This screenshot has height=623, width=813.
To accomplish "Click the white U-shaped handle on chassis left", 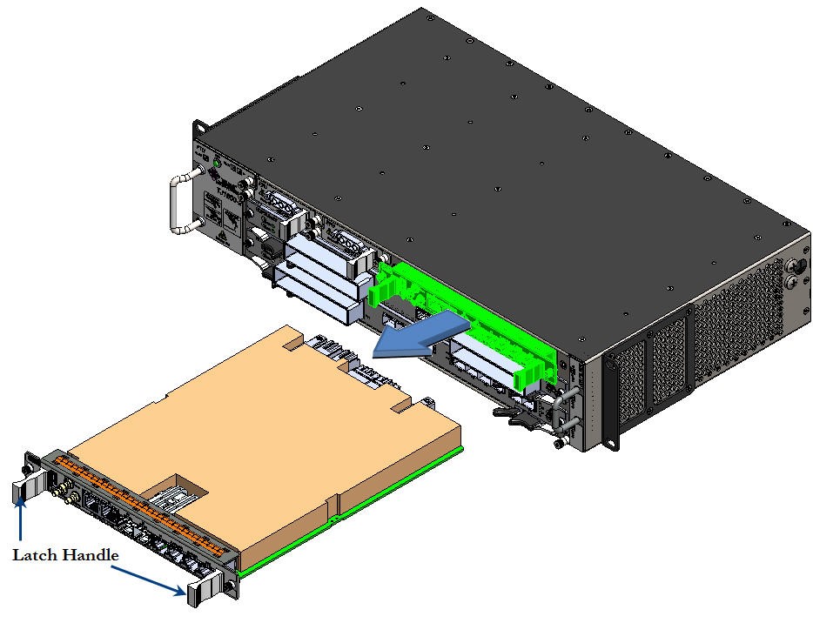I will pos(180,204).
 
